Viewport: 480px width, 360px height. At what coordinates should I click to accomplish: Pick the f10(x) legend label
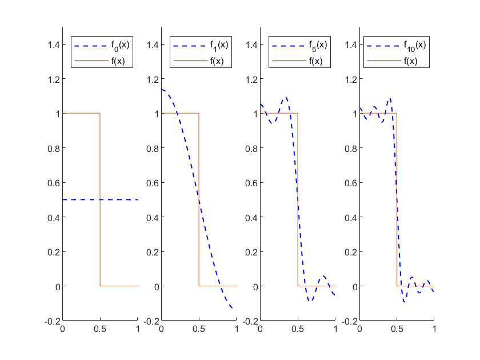coord(417,46)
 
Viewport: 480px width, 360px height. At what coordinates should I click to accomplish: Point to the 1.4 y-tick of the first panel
coord(53,45)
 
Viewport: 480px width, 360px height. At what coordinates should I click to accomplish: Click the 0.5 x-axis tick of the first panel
coord(100,330)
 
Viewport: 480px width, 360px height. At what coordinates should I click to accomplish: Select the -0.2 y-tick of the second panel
coord(150,321)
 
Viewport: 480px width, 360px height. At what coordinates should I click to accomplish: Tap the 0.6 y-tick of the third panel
coord(250,182)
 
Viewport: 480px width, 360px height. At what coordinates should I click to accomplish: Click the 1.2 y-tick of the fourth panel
coord(349,79)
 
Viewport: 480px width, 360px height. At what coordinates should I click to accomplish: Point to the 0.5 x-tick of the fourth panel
coord(397,330)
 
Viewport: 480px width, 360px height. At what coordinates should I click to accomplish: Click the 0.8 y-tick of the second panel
coord(151,148)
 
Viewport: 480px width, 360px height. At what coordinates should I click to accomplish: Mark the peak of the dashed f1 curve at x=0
coord(162,90)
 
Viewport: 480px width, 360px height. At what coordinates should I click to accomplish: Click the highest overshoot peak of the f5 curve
coord(286,98)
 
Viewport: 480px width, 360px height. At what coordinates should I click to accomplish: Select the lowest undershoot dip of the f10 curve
coord(404,301)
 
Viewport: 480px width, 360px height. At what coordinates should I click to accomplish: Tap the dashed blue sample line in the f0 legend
coord(90,46)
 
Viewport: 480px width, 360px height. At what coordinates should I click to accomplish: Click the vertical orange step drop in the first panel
coord(100,200)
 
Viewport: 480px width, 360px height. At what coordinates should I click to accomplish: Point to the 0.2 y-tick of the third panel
coord(250,251)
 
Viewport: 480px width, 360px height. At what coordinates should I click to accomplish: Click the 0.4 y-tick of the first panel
coord(53,217)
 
